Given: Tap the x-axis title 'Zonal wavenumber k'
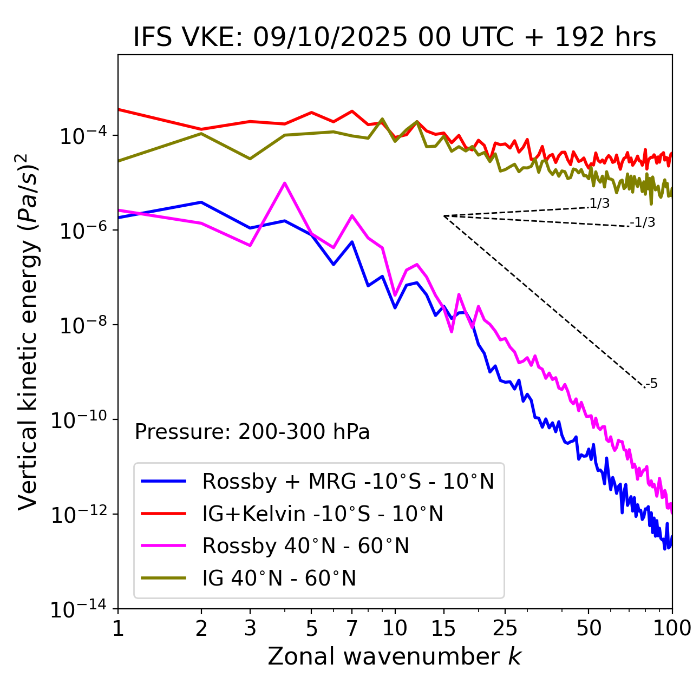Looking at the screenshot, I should pyautogui.click(x=394, y=656).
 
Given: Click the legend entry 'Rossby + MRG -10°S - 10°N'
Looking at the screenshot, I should pyautogui.click(x=348, y=481).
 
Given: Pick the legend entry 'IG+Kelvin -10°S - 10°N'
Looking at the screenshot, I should pyautogui.click(x=323, y=514).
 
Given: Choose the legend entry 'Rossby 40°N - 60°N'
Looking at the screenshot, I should pyautogui.click(x=305, y=546).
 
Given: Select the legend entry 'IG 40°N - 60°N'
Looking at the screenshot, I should pyautogui.click(x=279, y=578).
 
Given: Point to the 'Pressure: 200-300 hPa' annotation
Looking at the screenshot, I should pyautogui.click(x=252, y=432).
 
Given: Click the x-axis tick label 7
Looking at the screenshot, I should pyautogui.click(x=352, y=628).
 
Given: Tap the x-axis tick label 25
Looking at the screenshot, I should pyautogui.click(x=505, y=628).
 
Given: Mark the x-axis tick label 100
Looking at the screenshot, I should pyautogui.click(x=672, y=628).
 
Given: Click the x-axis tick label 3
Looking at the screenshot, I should pyautogui.click(x=250, y=628).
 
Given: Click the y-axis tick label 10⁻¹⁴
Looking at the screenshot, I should pyautogui.click(x=79, y=609).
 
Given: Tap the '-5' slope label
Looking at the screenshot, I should pyautogui.click(x=652, y=384).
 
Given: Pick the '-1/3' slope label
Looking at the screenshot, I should pyautogui.click(x=643, y=222).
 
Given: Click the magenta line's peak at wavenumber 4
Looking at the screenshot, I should pyautogui.click(x=285, y=183).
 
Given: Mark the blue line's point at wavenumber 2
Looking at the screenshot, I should pyautogui.click(x=201, y=202).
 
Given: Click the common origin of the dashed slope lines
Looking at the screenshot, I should pyautogui.click(x=444, y=216).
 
